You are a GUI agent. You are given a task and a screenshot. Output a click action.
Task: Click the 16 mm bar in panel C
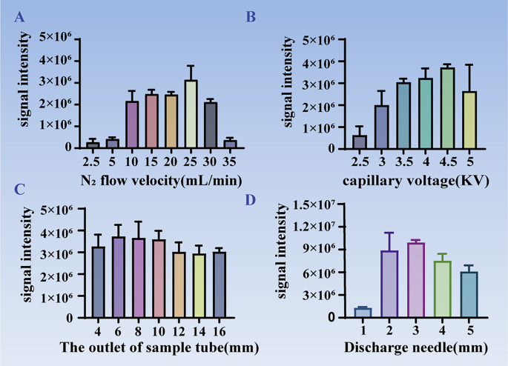click(x=220, y=285)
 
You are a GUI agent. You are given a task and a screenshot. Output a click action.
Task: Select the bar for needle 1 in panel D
click(x=362, y=313)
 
